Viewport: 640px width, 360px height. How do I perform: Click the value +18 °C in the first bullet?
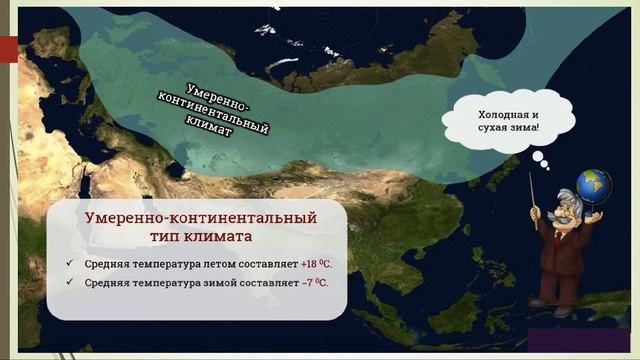316,264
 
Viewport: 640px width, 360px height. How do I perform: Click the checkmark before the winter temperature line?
68,282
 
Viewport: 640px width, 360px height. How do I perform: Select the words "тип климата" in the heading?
201,237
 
